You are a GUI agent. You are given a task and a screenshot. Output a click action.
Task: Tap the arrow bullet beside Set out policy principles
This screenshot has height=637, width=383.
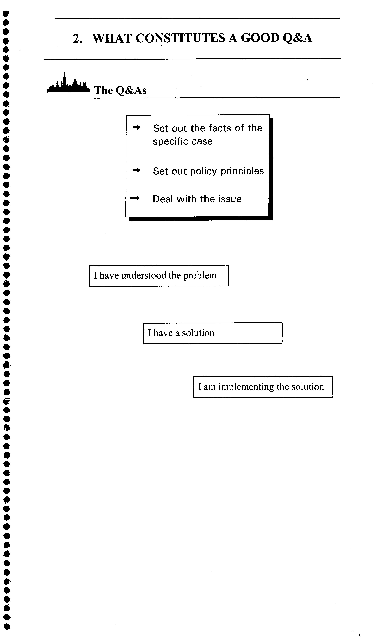[135, 170]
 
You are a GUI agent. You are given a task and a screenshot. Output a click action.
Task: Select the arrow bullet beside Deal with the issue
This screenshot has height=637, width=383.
[135, 198]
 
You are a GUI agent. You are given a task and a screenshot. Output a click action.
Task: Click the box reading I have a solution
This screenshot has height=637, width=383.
[213, 333]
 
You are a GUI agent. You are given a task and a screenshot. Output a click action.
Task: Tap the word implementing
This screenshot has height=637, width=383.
[246, 387]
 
